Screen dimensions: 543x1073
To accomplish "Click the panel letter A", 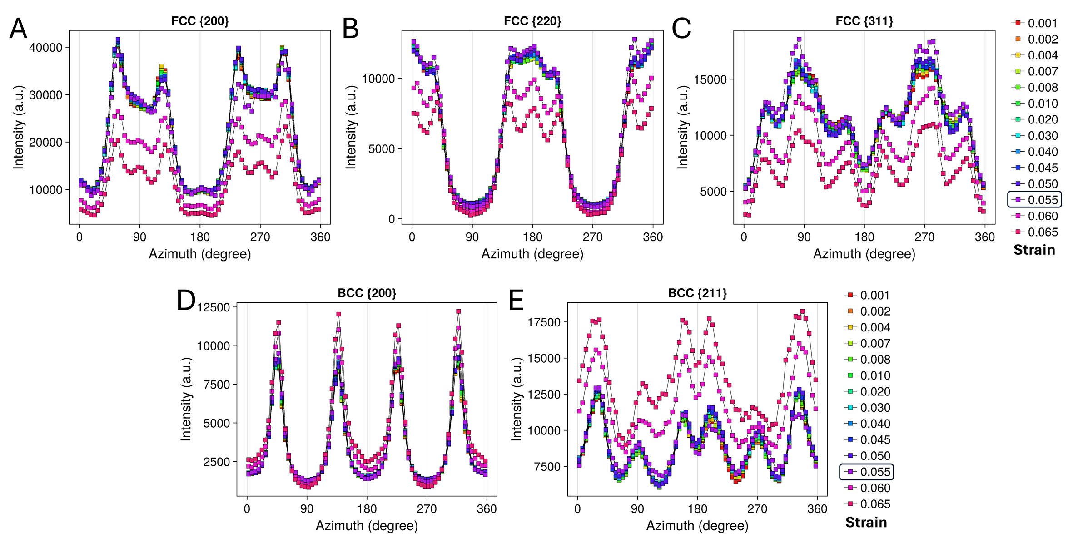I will (18, 29).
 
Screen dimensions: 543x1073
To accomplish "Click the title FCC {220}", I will (532, 21).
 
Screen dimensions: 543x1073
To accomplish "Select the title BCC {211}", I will (697, 293).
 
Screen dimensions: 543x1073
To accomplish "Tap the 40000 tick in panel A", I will (46, 48).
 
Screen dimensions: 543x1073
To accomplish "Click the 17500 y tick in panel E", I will (544, 322).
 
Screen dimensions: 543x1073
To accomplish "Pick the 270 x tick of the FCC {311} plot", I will (924, 237).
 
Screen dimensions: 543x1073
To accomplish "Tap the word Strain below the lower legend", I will (866, 523).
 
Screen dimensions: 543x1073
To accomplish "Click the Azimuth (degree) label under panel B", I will (532, 254).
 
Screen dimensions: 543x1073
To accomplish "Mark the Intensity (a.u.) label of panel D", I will (186, 399).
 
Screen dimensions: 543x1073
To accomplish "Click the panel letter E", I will (517, 301).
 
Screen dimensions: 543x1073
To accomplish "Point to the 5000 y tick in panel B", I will (381, 149).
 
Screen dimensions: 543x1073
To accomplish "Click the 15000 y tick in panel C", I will (710, 79).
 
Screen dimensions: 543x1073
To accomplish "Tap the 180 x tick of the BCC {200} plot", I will (367, 509).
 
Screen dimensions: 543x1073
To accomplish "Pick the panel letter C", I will (681, 29).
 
